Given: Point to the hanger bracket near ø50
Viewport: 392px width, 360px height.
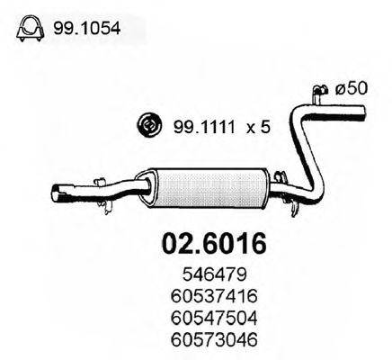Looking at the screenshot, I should (317, 90).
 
